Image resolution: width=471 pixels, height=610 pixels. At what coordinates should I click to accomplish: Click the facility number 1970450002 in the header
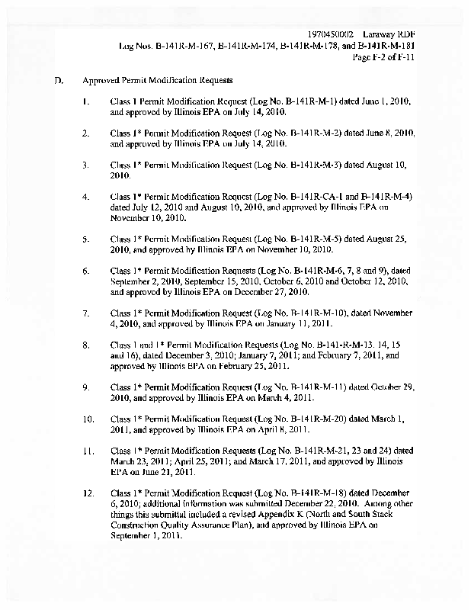[x=335, y=35]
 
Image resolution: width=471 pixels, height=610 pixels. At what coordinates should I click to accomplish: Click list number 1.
[x=88, y=101]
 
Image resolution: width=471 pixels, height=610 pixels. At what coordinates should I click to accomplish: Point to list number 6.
[x=88, y=270]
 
